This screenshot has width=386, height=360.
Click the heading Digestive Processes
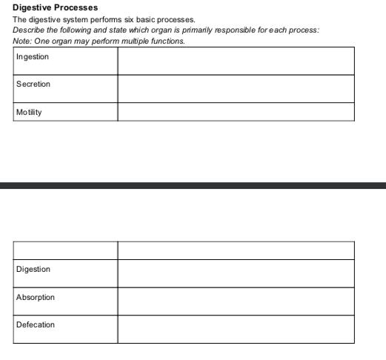55,7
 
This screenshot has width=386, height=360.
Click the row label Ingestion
33,56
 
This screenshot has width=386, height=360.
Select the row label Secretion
33,84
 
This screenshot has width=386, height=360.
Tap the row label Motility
29,112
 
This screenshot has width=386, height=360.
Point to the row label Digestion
33,269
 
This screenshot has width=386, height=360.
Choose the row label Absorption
36,297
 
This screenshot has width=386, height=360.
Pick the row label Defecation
36,324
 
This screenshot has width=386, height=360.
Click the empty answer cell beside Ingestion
236,61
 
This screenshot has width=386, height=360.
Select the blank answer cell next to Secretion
236,89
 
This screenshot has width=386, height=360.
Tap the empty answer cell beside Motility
236,112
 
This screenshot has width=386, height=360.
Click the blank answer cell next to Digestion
236,273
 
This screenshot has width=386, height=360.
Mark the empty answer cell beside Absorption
236,301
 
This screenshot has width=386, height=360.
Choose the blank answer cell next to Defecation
236,328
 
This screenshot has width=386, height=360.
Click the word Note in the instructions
21,41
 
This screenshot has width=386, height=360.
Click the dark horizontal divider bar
193,185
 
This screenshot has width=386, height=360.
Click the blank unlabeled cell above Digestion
65,250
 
